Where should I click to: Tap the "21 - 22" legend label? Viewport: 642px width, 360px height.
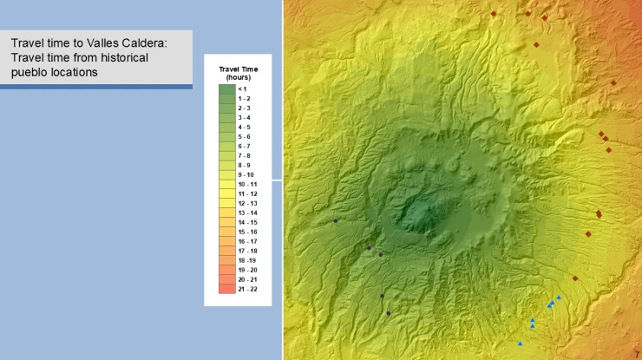(247, 289)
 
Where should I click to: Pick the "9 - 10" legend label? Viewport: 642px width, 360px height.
(247, 174)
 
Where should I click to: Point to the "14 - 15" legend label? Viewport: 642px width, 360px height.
(247, 222)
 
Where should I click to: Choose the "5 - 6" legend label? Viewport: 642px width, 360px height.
(245, 136)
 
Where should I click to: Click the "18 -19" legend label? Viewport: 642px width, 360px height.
(247, 260)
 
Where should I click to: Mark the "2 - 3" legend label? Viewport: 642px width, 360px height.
(245, 108)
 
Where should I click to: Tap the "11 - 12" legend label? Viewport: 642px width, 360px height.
(247, 193)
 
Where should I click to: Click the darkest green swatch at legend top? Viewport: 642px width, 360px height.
(226, 88)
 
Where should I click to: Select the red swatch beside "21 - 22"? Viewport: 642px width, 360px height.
(226, 289)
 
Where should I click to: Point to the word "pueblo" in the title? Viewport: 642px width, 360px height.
(30, 73)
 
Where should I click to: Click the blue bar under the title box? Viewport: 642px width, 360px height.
(95, 87)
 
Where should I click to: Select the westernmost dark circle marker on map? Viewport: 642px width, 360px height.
(336, 220)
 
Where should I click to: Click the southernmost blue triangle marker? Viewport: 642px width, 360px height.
(520, 344)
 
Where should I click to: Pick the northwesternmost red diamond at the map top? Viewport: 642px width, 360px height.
(493, 14)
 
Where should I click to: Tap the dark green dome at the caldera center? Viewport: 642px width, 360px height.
(423, 213)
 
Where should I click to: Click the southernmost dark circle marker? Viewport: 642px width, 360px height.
(389, 313)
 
